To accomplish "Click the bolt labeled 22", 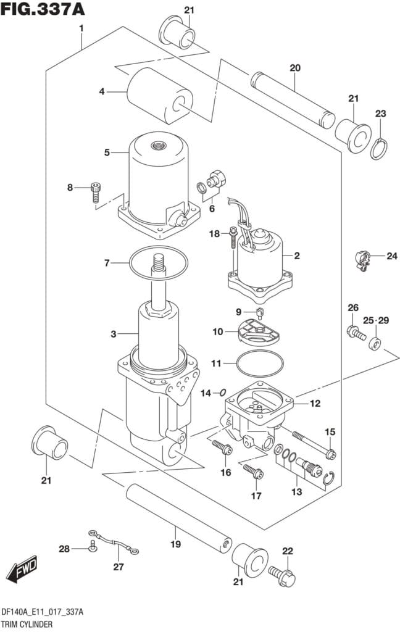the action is pyautogui.click(x=282, y=576).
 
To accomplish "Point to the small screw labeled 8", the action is pyautogui.click(x=95, y=193).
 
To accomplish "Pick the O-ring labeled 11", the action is pyautogui.click(x=260, y=364).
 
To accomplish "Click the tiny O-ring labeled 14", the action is pyautogui.click(x=221, y=393).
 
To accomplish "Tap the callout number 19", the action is pyautogui.click(x=175, y=544).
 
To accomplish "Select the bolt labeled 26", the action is pyautogui.click(x=356, y=333).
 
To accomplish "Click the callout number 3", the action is pyautogui.click(x=114, y=334).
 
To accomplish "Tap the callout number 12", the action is pyautogui.click(x=315, y=403).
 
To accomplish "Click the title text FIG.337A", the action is pyautogui.click(x=43, y=9).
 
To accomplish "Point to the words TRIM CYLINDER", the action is pyautogui.click(x=27, y=625).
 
